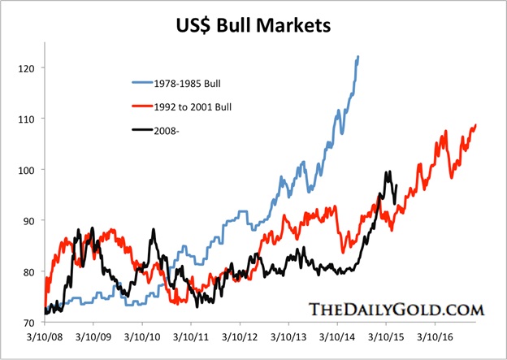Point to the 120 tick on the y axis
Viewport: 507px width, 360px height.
pos(32,68)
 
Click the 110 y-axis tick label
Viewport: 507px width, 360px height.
pos(32,119)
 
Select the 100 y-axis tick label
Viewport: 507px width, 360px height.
pos(32,170)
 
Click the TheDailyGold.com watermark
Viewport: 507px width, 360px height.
pos(396,309)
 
